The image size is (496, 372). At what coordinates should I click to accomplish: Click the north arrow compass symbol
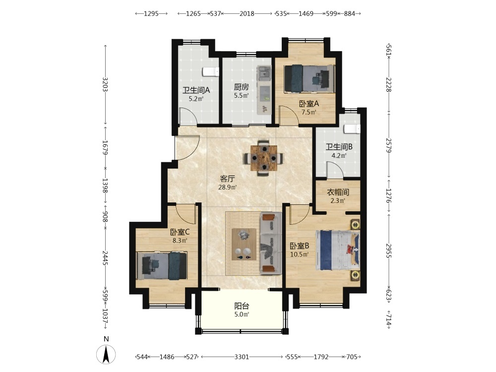click(106, 354)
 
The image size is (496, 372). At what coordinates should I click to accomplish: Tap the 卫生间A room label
click(196, 90)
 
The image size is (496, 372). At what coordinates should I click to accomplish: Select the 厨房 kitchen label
click(242, 87)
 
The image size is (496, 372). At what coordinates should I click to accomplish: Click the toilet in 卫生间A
click(211, 72)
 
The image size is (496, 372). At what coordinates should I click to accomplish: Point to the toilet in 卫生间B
click(352, 129)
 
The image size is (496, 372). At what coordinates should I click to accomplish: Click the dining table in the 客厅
click(263, 158)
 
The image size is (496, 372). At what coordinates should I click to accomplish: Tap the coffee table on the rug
click(244, 244)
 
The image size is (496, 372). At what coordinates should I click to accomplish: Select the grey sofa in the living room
click(271, 243)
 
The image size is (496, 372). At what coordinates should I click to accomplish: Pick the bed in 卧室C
click(162, 266)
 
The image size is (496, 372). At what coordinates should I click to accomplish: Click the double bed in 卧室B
click(337, 250)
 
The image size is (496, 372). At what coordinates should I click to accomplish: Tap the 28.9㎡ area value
click(228, 187)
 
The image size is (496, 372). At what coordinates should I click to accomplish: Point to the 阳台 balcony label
click(242, 306)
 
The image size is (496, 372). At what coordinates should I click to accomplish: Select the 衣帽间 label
click(338, 192)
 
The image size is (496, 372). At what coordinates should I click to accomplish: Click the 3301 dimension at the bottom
click(242, 357)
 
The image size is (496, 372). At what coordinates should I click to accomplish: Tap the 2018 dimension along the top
click(247, 13)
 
